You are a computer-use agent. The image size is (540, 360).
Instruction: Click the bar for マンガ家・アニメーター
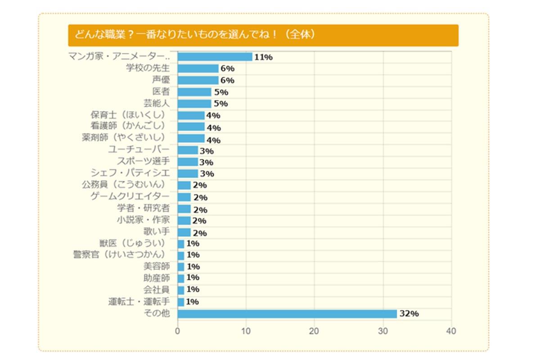click(x=215, y=57)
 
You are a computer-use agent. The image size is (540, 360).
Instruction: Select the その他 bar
click(x=287, y=314)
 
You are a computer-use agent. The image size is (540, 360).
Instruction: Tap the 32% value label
click(x=409, y=314)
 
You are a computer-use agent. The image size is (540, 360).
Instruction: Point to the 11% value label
click(x=264, y=57)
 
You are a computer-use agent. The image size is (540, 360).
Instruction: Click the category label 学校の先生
click(x=148, y=68)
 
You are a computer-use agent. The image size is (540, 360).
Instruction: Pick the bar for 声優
click(x=198, y=80)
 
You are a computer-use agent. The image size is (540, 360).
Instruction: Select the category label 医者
click(x=161, y=92)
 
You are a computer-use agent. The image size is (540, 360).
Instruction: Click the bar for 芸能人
click(x=194, y=103)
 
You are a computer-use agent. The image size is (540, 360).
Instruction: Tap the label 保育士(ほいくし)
click(x=128, y=115)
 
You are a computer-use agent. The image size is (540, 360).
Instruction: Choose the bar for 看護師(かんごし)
click(x=191, y=127)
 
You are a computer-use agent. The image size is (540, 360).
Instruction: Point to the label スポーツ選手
click(x=143, y=162)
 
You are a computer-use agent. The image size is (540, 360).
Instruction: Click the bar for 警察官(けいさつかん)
click(x=181, y=255)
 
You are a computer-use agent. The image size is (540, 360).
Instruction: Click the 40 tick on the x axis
click(x=451, y=332)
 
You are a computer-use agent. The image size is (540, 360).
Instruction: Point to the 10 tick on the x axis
click(x=246, y=332)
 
